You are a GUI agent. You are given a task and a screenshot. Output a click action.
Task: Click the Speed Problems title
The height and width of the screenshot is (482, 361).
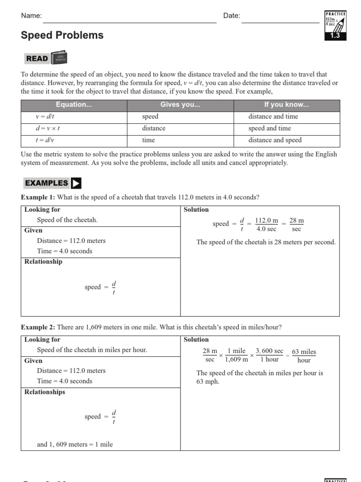pos(62,35)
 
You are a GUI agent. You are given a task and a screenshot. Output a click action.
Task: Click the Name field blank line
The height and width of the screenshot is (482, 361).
pos(129,19)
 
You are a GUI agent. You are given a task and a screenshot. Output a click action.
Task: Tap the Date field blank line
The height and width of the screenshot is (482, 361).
pos(280,19)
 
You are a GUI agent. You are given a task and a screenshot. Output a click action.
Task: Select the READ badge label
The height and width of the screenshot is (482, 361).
pos(37,58)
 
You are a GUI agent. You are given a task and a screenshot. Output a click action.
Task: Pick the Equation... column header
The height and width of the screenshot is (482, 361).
pos(74,105)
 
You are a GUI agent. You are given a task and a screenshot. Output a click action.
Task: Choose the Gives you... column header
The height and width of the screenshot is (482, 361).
pos(180,105)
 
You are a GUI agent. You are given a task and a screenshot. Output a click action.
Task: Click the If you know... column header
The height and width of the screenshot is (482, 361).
pos(286,105)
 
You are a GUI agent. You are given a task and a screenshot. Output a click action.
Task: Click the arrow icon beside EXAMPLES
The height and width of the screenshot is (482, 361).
pos(76,183)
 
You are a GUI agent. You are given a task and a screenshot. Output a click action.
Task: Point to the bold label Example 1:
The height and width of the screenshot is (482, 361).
pos(38,197)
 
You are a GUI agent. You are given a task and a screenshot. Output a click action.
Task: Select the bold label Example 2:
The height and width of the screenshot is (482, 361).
pos(38,327)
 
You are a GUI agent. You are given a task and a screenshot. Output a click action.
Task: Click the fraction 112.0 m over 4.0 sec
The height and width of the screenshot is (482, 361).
pos(267,225)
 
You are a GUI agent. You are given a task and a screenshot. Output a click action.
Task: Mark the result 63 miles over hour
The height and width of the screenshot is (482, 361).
pos(304,356)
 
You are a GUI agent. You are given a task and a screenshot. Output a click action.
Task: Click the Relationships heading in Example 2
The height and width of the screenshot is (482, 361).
pos(45,392)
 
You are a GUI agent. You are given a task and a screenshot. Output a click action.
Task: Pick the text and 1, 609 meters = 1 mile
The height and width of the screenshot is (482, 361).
pos(75,444)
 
